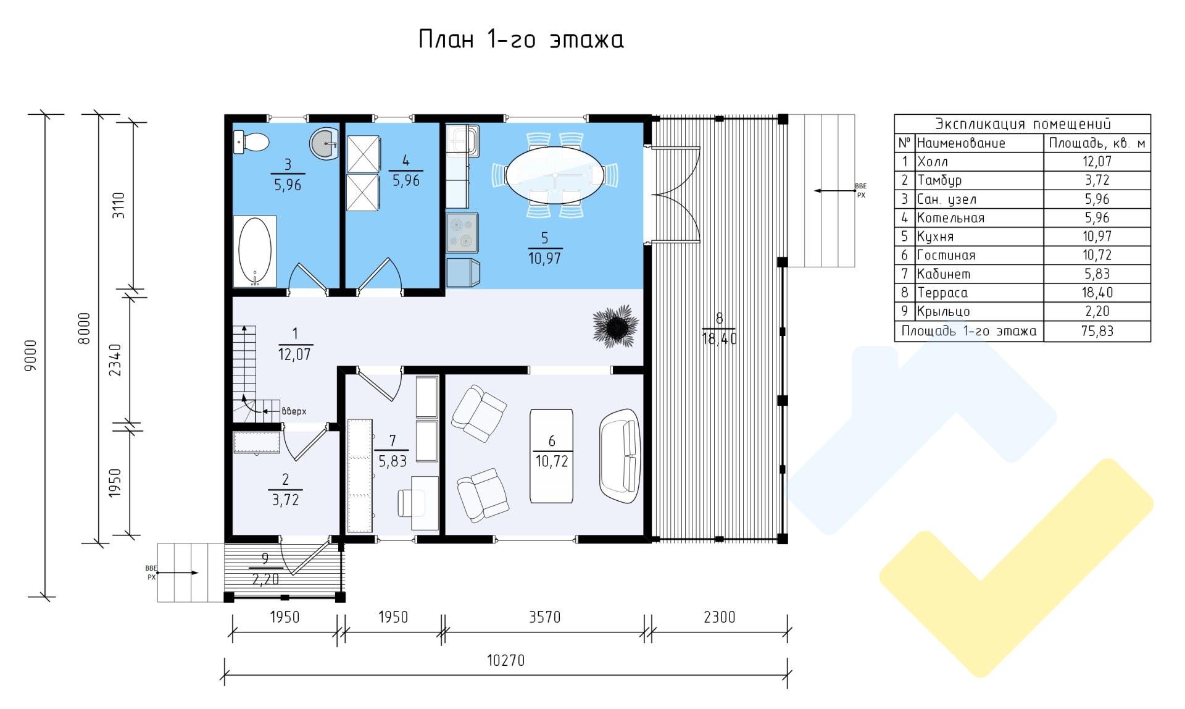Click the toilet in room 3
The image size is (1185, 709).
click(251, 142)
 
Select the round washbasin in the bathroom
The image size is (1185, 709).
click(324, 143)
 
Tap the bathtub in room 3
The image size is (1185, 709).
click(254, 251)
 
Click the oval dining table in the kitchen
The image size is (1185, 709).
click(555, 175)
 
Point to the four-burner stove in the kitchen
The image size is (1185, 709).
click(462, 233)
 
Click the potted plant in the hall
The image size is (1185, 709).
click(615, 325)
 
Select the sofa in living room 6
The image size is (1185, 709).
click(620, 456)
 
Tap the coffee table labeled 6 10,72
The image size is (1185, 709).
click(551, 456)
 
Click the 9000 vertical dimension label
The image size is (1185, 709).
click(30, 355)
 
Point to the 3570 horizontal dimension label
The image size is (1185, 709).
click(544, 617)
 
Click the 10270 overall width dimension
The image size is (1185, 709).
click(505, 660)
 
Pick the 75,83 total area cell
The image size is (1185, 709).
click(1097, 331)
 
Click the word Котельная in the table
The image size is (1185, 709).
click(950, 218)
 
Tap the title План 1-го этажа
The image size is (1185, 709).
click(521, 40)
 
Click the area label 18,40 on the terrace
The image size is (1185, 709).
click(719, 338)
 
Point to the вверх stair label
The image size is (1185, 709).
click(294, 411)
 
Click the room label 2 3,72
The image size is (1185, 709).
click(285, 490)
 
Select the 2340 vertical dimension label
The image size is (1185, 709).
click(115, 360)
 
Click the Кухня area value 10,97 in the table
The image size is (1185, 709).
click(1097, 237)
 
